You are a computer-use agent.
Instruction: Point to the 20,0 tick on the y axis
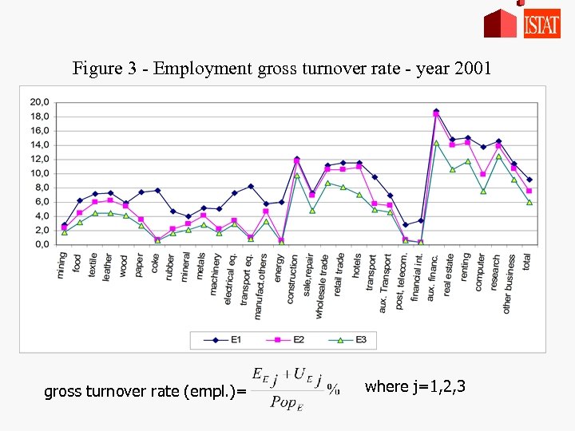click(x=39, y=102)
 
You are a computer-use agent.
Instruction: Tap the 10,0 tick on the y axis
click(x=39, y=173)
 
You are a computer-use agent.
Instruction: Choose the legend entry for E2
click(x=287, y=340)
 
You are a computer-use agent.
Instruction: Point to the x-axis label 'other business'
click(x=507, y=283)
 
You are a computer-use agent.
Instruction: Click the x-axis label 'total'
click(x=527, y=261)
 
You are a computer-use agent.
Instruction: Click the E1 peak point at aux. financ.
click(x=436, y=111)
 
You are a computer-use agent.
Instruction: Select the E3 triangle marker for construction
click(x=297, y=176)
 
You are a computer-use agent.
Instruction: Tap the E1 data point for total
click(x=529, y=180)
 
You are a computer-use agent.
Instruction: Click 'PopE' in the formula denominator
click(x=287, y=401)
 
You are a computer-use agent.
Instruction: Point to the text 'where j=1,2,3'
click(x=414, y=387)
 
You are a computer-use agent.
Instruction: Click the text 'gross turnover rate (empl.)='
click(x=140, y=391)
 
